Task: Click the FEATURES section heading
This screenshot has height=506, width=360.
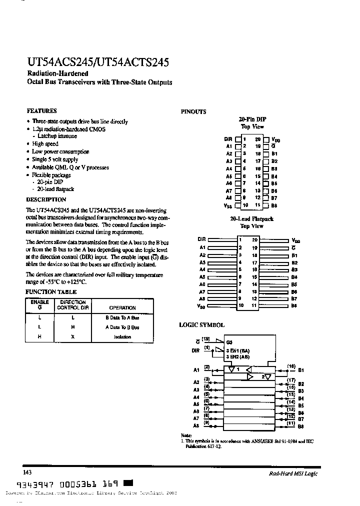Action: (x=41, y=111)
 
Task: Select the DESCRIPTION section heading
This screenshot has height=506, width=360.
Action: (x=46, y=199)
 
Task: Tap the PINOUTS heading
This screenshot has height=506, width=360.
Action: (x=193, y=112)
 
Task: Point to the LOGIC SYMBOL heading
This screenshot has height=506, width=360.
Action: (x=202, y=325)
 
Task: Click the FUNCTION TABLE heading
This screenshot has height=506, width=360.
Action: (x=51, y=292)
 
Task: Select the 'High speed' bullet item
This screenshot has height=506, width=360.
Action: (x=45, y=144)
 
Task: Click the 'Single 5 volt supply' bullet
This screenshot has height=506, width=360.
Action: (x=55, y=159)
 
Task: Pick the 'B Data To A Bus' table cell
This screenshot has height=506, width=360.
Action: (x=122, y=317)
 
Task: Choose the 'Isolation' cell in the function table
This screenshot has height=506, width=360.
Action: (x=122, y=336)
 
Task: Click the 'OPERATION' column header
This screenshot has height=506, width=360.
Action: (x=122, y=308)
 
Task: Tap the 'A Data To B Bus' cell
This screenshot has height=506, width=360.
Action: (x=122, y=327)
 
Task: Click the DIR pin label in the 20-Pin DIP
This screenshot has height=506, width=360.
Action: (x=228, y=139)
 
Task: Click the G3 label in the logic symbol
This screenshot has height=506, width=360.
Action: (x=229, y=342)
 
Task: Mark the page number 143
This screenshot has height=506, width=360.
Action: (x=27, y=472)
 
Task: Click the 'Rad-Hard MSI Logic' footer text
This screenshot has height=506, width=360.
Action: (x=290, y=473)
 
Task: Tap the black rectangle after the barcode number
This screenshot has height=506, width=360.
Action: (x=128, y=483)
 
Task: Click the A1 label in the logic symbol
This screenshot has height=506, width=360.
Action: (x=196, y=370)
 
